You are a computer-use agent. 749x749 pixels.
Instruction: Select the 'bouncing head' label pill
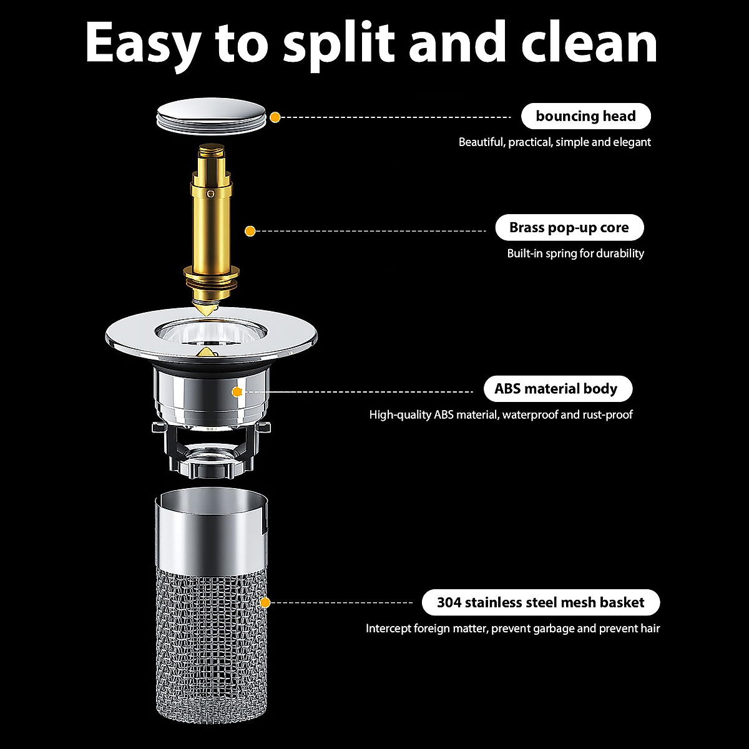(x=585, y=116)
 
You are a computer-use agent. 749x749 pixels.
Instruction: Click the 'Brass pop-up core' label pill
(x=569, y=228)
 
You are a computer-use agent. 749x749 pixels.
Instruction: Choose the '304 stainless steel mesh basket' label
(x=540, y=602)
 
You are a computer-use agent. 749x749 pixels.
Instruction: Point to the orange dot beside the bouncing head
(x=275, y=117)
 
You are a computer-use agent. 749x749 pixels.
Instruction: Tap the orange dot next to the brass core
(x=250, y=231)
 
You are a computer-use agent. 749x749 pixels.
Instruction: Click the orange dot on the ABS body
(x=237, y=392)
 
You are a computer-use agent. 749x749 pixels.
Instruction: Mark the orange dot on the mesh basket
(x=265, y=602)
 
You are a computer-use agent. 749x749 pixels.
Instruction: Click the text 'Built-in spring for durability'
(x=575, y=253)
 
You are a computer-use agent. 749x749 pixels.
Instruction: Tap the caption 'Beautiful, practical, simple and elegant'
(x=554, y=142)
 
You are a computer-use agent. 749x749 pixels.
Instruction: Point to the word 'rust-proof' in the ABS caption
(x=607, y=414)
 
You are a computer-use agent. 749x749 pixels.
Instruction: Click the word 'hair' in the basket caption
(x=650, y=629)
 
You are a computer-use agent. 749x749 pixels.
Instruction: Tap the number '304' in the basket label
(x=449, y=602)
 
